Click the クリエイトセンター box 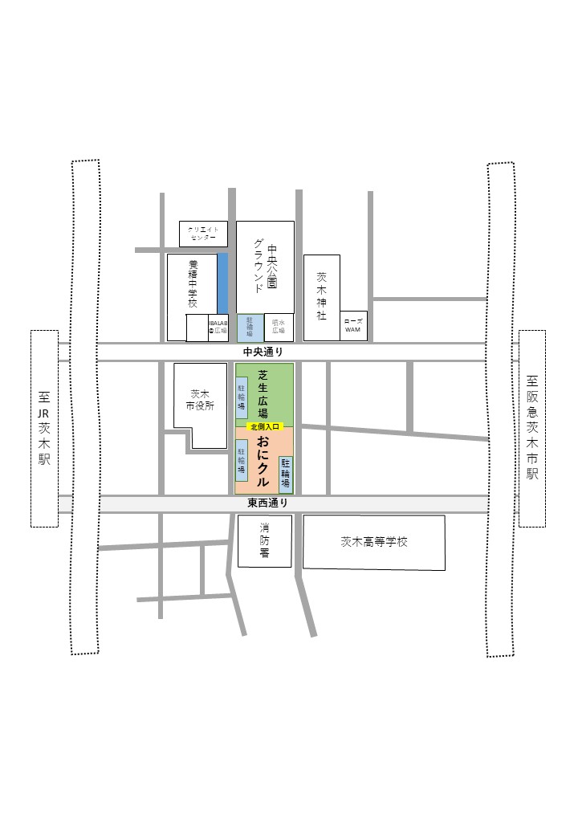coord(203,234)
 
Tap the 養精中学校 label coord(193,284)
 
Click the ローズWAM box coord(353,325)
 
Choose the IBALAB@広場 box coord(218,327)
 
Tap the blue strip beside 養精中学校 coord(222,283)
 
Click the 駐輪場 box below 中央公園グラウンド coord(250,328)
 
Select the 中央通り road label coord(263,352)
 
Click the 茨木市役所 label coord(201,400)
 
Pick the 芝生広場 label coord(263,393)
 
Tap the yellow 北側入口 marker coord(265,427)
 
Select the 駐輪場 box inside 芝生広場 coord(241,395)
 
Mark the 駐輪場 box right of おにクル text coord(286,473)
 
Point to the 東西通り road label coord(267,503)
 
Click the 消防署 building coord(264,540)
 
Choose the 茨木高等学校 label coord(374,542)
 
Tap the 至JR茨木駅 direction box coord(44,428)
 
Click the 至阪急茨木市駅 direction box coord(532,428)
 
